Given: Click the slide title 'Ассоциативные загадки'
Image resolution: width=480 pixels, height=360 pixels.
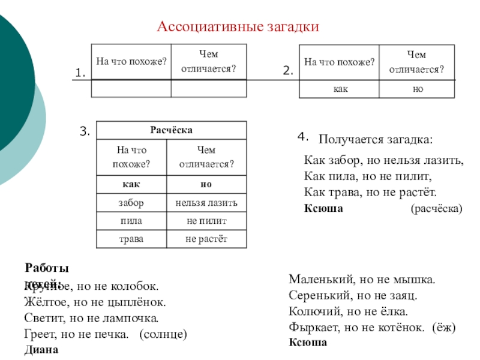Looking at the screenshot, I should click(238, 27).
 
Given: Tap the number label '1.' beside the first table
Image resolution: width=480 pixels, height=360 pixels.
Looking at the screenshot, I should click(80, 73).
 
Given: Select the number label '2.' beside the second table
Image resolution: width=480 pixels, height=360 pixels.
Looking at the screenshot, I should click(288, 71).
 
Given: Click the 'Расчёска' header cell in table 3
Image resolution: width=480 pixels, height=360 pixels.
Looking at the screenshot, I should click(171, 130).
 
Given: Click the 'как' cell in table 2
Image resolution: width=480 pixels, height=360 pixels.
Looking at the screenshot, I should click(338, 88).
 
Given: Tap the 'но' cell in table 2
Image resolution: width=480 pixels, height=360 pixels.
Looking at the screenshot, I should click(416, 88).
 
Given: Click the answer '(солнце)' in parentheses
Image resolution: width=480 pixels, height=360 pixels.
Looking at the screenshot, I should click(163, 334).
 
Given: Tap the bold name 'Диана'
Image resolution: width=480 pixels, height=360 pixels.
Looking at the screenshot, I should click(41, 349).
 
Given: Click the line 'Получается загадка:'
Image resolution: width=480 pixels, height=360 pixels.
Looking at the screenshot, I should click(374, 139).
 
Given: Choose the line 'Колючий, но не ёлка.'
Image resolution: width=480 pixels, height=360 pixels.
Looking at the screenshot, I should click(349, 311).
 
